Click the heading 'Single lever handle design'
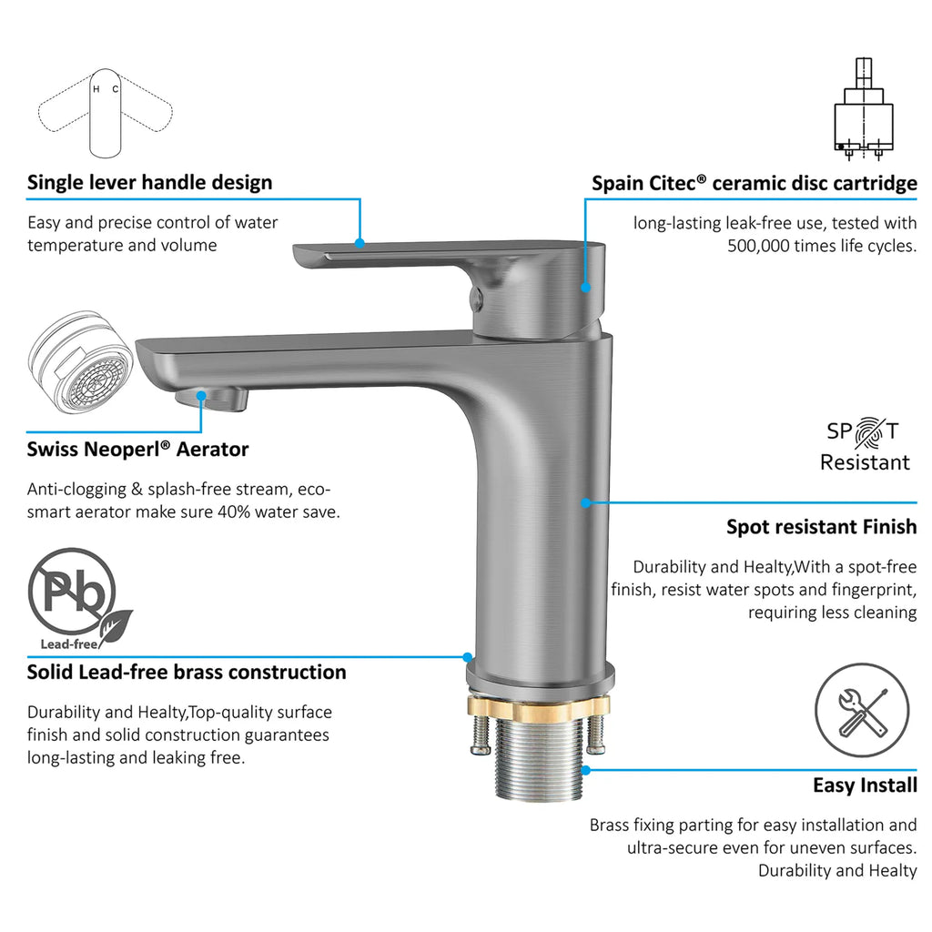[x=150, y=182]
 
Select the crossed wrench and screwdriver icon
[x=861, y=710]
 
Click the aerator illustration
[x=80, y=362]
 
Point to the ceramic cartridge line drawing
[x=863, y=109]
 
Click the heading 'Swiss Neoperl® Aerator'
[x=137, y=450]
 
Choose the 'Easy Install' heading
[x=865, y=785]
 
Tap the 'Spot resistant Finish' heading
[x=822, y=527]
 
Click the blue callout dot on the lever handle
[x=359, y=243]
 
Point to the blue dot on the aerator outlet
[x=201, y=395]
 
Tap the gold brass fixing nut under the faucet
[x=539, y=706]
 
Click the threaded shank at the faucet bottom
[x=538, y=758]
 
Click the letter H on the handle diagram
[x=96, y=90]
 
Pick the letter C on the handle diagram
[x=116, y=89]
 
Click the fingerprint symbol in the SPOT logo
[x=869, y=432]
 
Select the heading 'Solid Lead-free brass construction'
[x=187, y=673]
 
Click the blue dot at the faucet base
[x=468, y=657]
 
